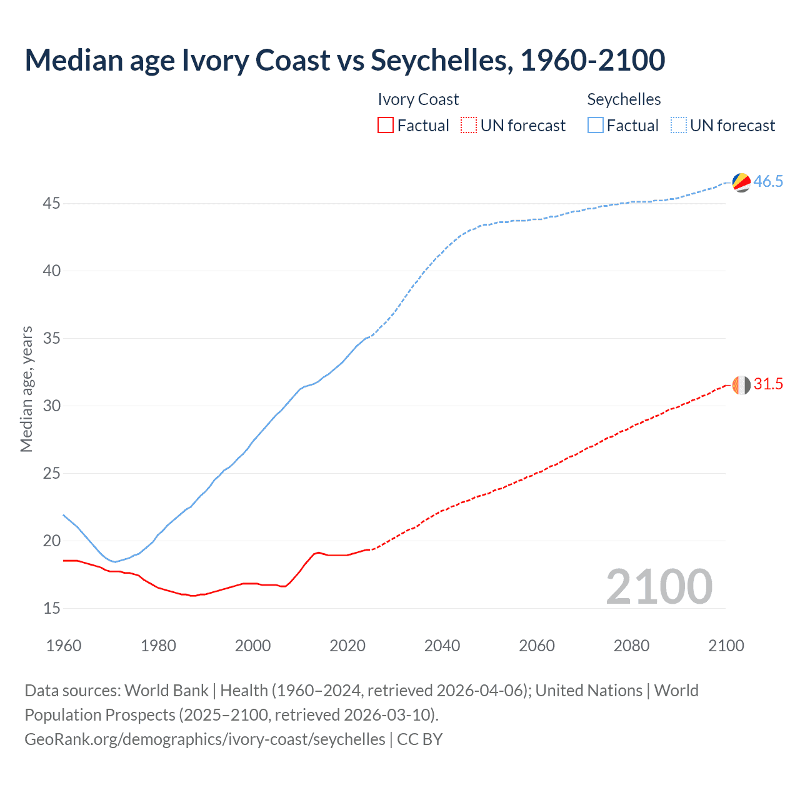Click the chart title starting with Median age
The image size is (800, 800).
[x=344, y=60]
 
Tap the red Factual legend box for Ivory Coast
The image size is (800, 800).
[x=386, y=126]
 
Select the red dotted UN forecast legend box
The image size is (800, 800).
[x=469, y=126]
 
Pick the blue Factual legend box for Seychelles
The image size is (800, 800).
[x=595, y=126]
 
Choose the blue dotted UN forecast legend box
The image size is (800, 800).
[x=678, y=126]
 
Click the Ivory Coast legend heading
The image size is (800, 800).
[x=418, y=99]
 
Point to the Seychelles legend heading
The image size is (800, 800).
[x=624, y=99]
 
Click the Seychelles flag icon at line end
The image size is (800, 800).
[x=741, y=182]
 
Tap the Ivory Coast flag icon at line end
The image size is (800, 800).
[x=741, y=385]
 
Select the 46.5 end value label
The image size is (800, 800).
[x=768, y=182]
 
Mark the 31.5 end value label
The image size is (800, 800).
[x=768, y=384]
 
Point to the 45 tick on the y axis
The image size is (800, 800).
[x=52, y=204]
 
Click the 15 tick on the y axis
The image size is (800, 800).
[x=52, y=608]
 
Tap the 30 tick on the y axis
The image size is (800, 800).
[x=52, y=406]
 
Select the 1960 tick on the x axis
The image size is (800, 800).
[x=64, y=646]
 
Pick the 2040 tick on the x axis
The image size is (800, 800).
[x=442, y=646]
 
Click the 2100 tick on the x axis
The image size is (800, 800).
[x=726, y=646]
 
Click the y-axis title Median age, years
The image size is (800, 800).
[x=26, y=389]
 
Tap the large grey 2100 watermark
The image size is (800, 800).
[x=659, y=586]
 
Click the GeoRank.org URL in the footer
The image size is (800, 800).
[x=205, y=739]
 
